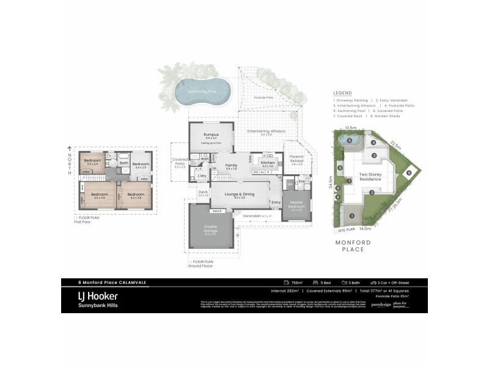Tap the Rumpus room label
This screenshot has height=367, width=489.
(211, 135)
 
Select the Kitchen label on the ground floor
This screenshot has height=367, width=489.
(268, 163)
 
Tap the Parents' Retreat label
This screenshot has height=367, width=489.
(297, 158)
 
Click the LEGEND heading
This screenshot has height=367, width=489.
(342, 93)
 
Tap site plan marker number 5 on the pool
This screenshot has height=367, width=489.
(349, 140)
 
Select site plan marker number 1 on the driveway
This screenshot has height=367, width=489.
(352, 215)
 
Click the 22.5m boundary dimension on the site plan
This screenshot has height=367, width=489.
(396, 146)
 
